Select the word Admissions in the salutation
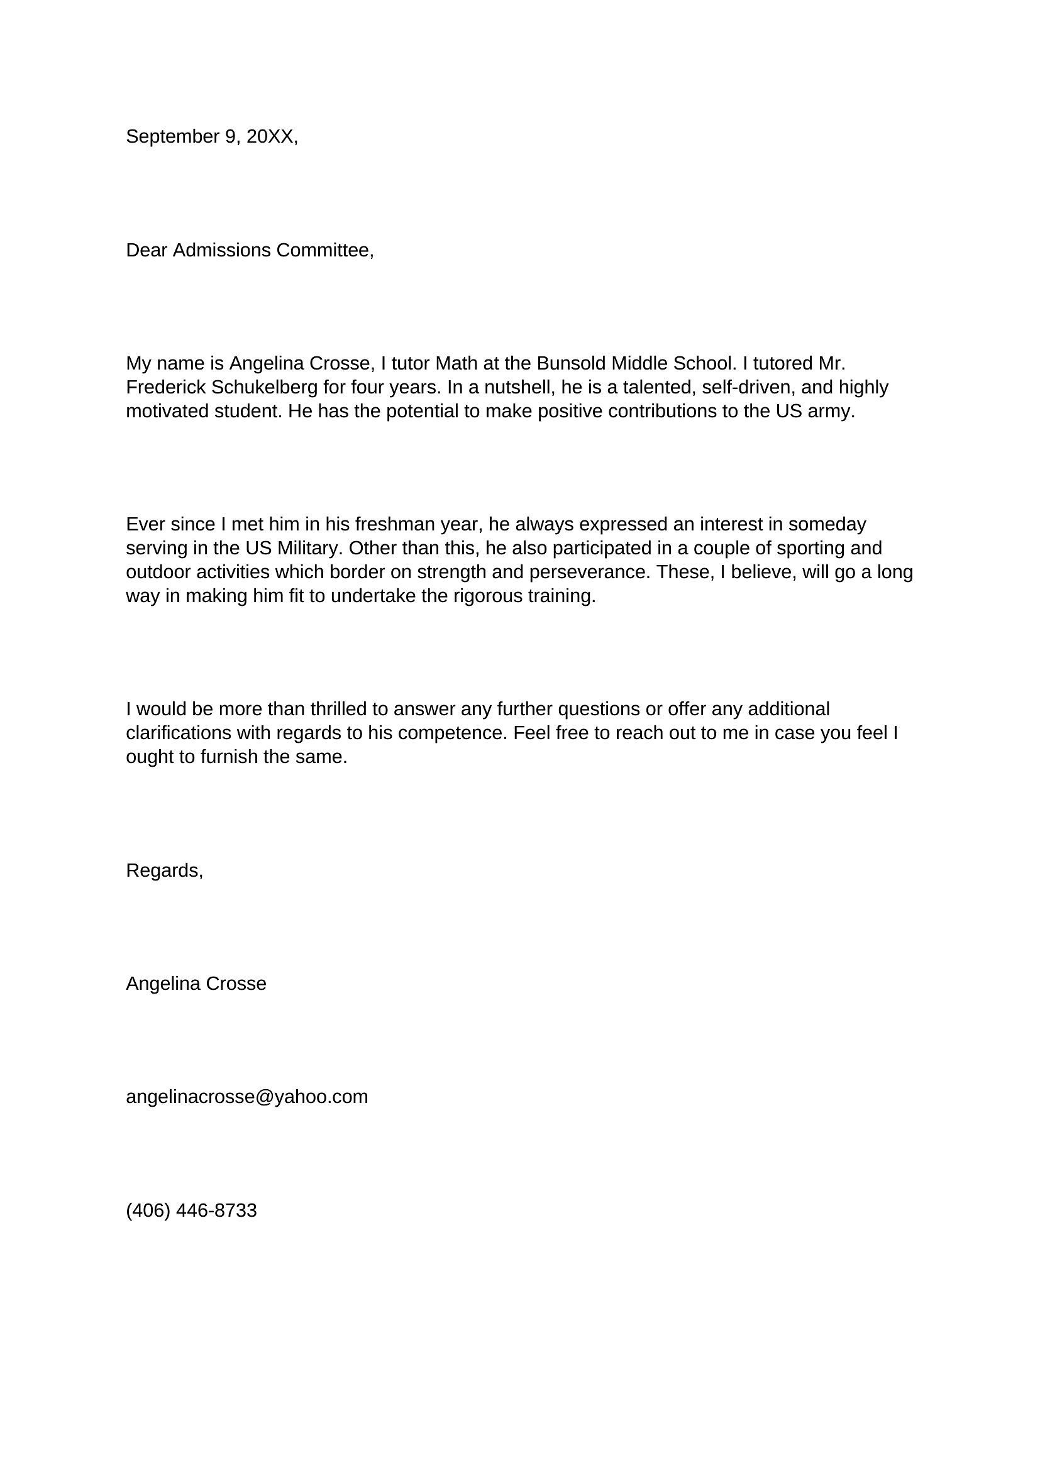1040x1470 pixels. [x=221, y=250]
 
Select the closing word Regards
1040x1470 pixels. [x=163, y=870]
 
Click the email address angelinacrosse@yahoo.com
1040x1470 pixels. [x=246, y=1097]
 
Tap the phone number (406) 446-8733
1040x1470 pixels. [x=191, y=1210]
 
